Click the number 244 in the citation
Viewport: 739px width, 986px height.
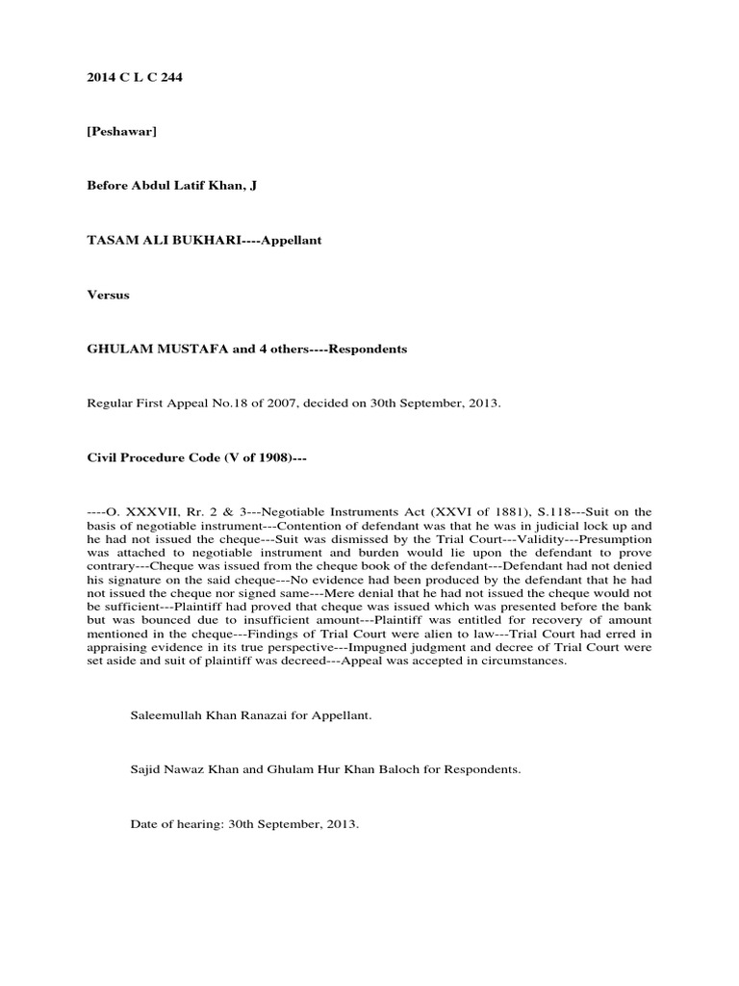coord(170,77)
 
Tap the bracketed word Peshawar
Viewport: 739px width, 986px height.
coord(122,132)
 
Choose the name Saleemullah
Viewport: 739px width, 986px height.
coord(164,715)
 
